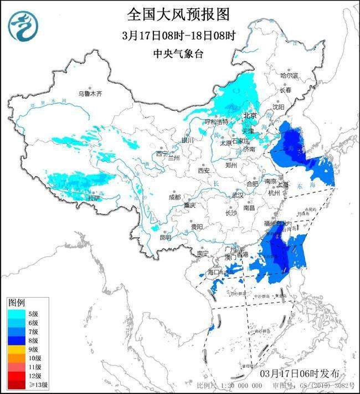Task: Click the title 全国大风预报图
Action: pos(178,14)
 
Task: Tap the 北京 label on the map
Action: pos(250,116)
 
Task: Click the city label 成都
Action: pos(175,197)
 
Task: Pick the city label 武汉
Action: pos(237,195)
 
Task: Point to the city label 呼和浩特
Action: pos(216,121)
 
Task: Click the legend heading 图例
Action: pos(16,303)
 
